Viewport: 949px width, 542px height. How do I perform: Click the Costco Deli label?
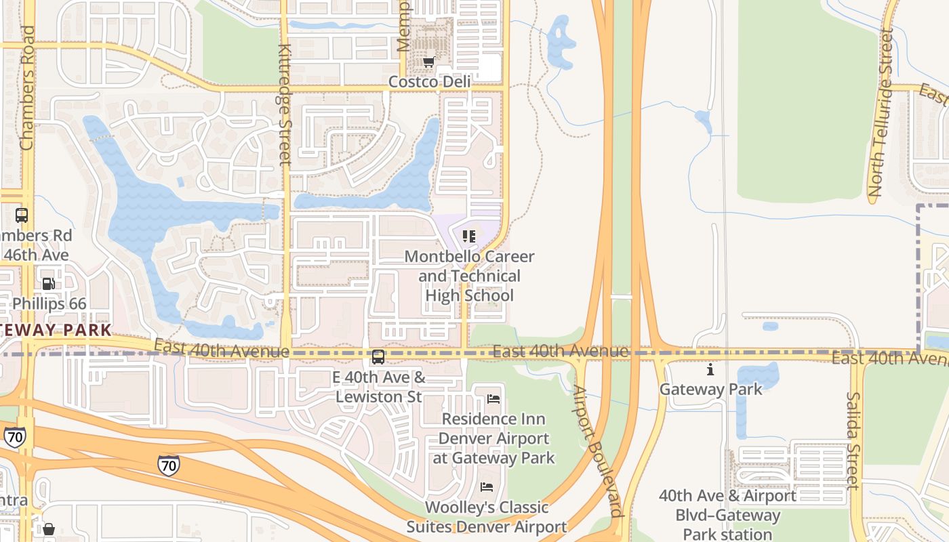(x=429, y=82)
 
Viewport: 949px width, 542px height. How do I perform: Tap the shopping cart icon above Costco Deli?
(x=428, y=62)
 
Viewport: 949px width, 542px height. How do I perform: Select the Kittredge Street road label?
(x=285, y=105)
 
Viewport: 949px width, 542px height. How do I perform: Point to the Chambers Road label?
(x=27, y=88)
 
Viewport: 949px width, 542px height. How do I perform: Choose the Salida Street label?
(x=853, y=440)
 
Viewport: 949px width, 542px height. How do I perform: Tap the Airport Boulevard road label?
(x=597, y=451)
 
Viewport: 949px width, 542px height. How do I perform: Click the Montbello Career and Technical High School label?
(x=469, y=276)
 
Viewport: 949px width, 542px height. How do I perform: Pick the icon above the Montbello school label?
(x=469, y=236)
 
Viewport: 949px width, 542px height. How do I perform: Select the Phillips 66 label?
(x=49, y=304)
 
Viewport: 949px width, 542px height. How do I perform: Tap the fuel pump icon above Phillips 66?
(x=48, y=284)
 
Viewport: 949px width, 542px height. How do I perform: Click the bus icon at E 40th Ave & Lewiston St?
(x=378, y=356)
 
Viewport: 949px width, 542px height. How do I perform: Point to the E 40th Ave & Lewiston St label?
(x=379, y=387)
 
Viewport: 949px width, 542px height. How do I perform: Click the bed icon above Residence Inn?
(x=493, y=399)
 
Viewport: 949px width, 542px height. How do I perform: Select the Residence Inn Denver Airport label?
(x=493, y=438)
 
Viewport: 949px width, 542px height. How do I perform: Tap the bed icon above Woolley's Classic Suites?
(x=487, y=487)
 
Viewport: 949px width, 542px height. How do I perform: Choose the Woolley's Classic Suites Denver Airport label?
(x=486, y=517)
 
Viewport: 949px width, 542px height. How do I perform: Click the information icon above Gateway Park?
(x=710, y=370)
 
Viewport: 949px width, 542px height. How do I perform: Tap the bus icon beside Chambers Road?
(x=22, y=215)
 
